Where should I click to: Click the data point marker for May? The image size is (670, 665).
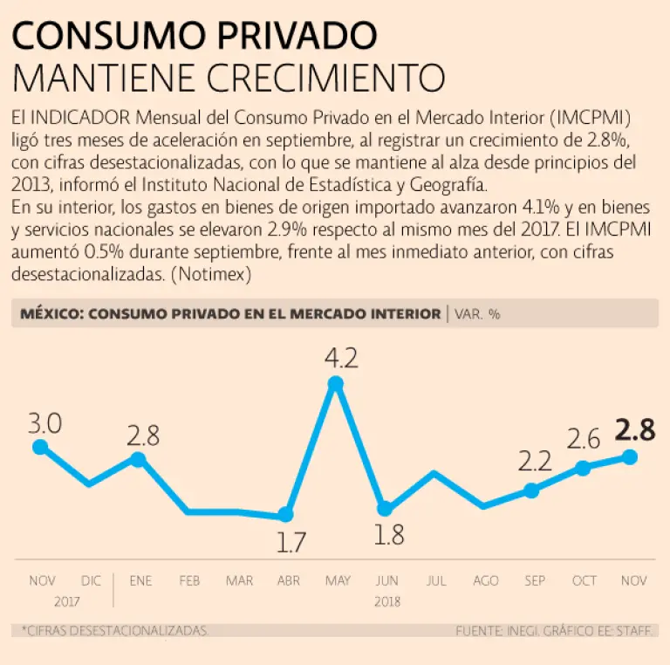335,384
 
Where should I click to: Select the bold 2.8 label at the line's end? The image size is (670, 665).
634,430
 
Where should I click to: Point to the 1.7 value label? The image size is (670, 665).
291,543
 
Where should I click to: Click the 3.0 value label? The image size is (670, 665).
44,424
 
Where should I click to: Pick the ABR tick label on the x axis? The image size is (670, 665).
289,581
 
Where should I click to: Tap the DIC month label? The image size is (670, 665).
91,581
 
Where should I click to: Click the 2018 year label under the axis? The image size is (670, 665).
386,601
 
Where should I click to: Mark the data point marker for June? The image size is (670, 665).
385,509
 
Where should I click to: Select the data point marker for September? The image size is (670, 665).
532,490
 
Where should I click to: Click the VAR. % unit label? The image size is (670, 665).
478,314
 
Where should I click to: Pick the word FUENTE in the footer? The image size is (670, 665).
480,630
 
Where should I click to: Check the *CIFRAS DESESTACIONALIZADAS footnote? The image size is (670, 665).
115,630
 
